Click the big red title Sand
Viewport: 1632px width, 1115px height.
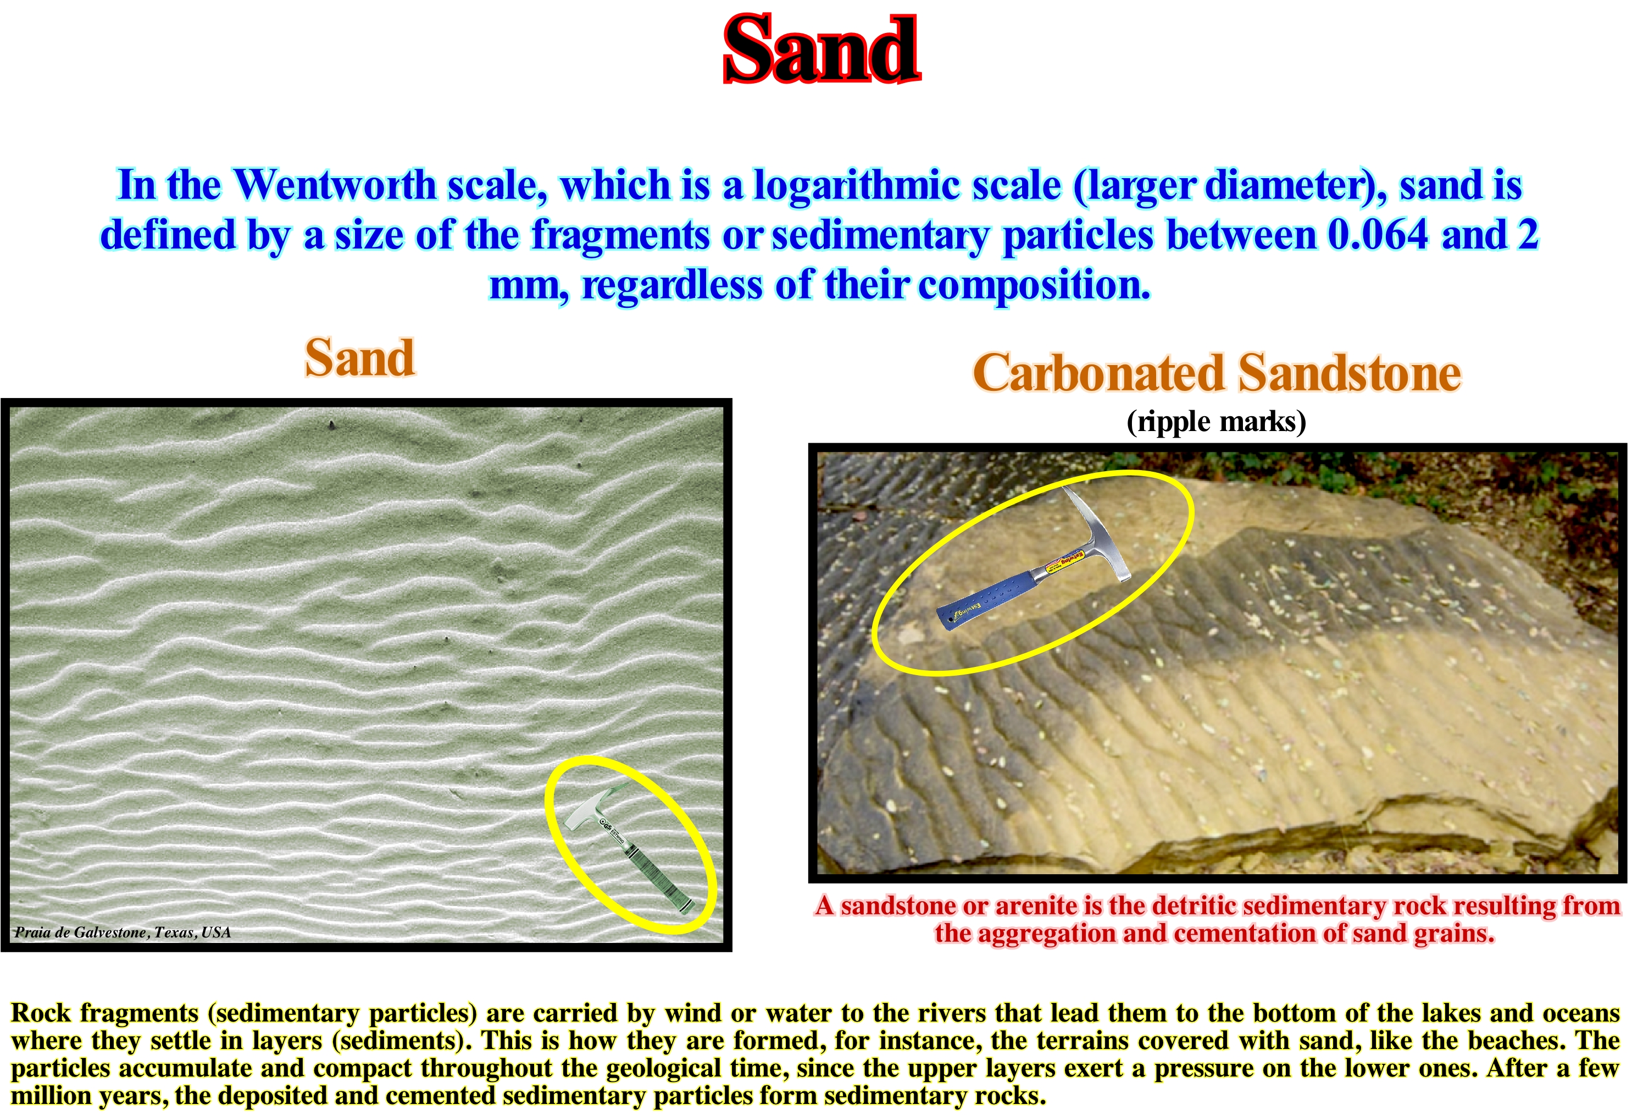click(821, 49)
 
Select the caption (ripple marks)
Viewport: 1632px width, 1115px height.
click(1216, 422)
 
